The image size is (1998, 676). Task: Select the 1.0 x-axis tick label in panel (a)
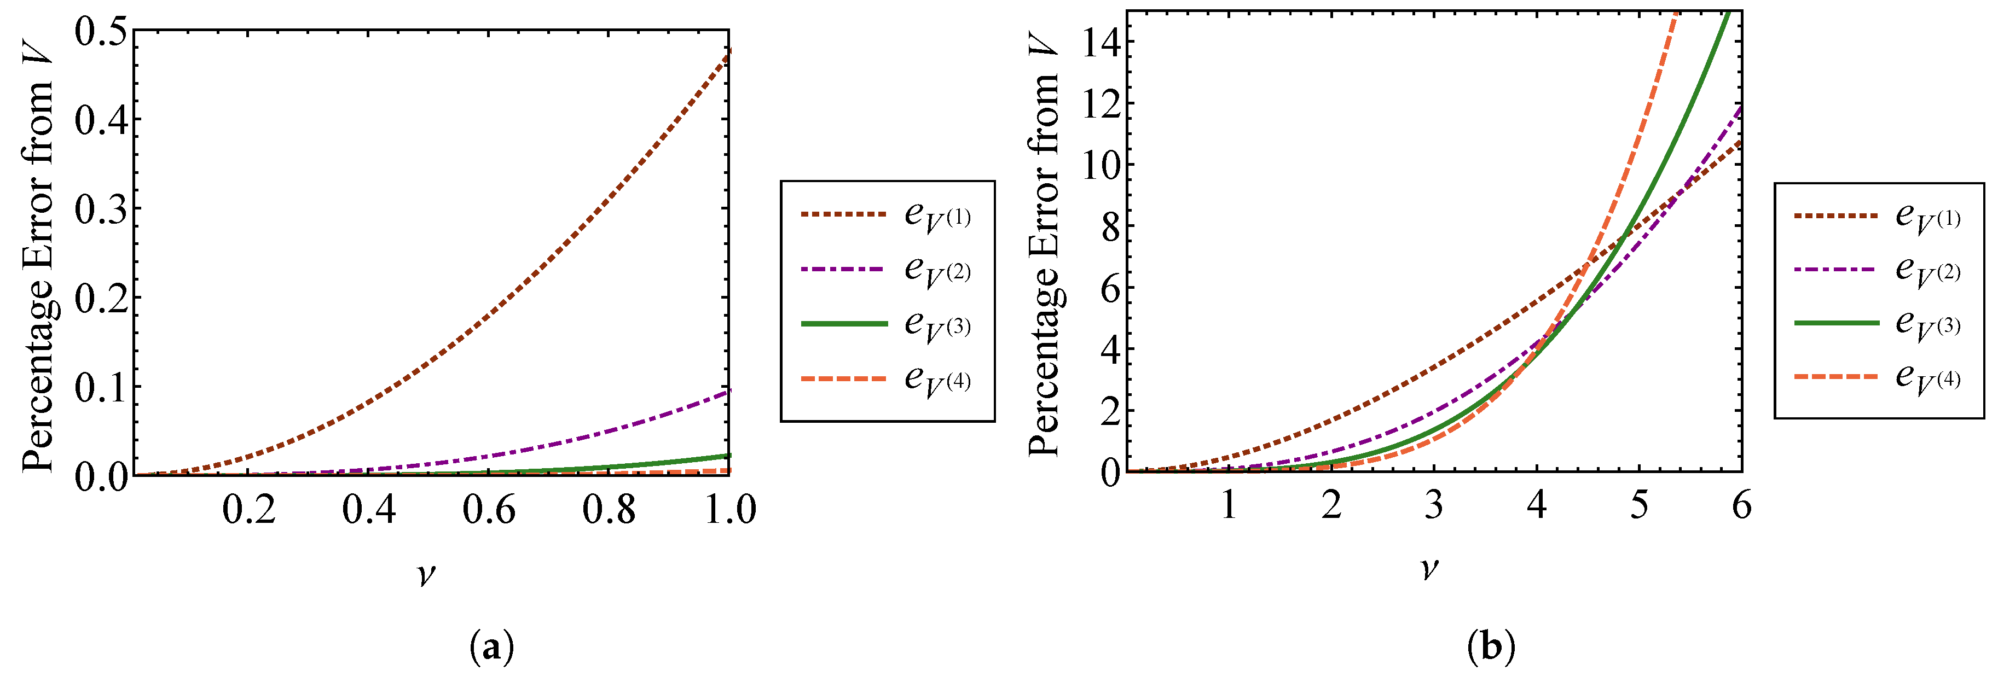(x=729, y=510)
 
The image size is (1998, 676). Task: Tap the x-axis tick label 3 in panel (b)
(x=1433, y=505)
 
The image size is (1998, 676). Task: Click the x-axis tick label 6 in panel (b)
(x=1741, y=505)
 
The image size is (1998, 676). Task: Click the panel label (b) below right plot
(x=1491, y=646)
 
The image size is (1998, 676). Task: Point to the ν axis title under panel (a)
(x=426, y=574)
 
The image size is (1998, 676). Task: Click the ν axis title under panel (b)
(x=1429, y=569)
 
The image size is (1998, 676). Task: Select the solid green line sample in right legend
(x=1836, y=322)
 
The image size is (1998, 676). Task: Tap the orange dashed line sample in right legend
(x=1836, y=376)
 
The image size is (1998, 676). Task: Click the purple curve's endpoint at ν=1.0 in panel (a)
(x=728, y=391)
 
